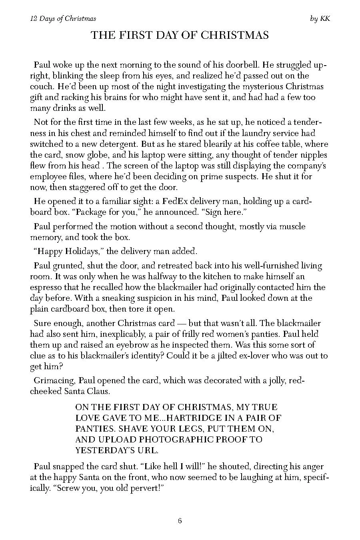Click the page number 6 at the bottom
tap(180, 520)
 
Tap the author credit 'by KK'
tap(320, 19)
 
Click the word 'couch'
tap(42, 86)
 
